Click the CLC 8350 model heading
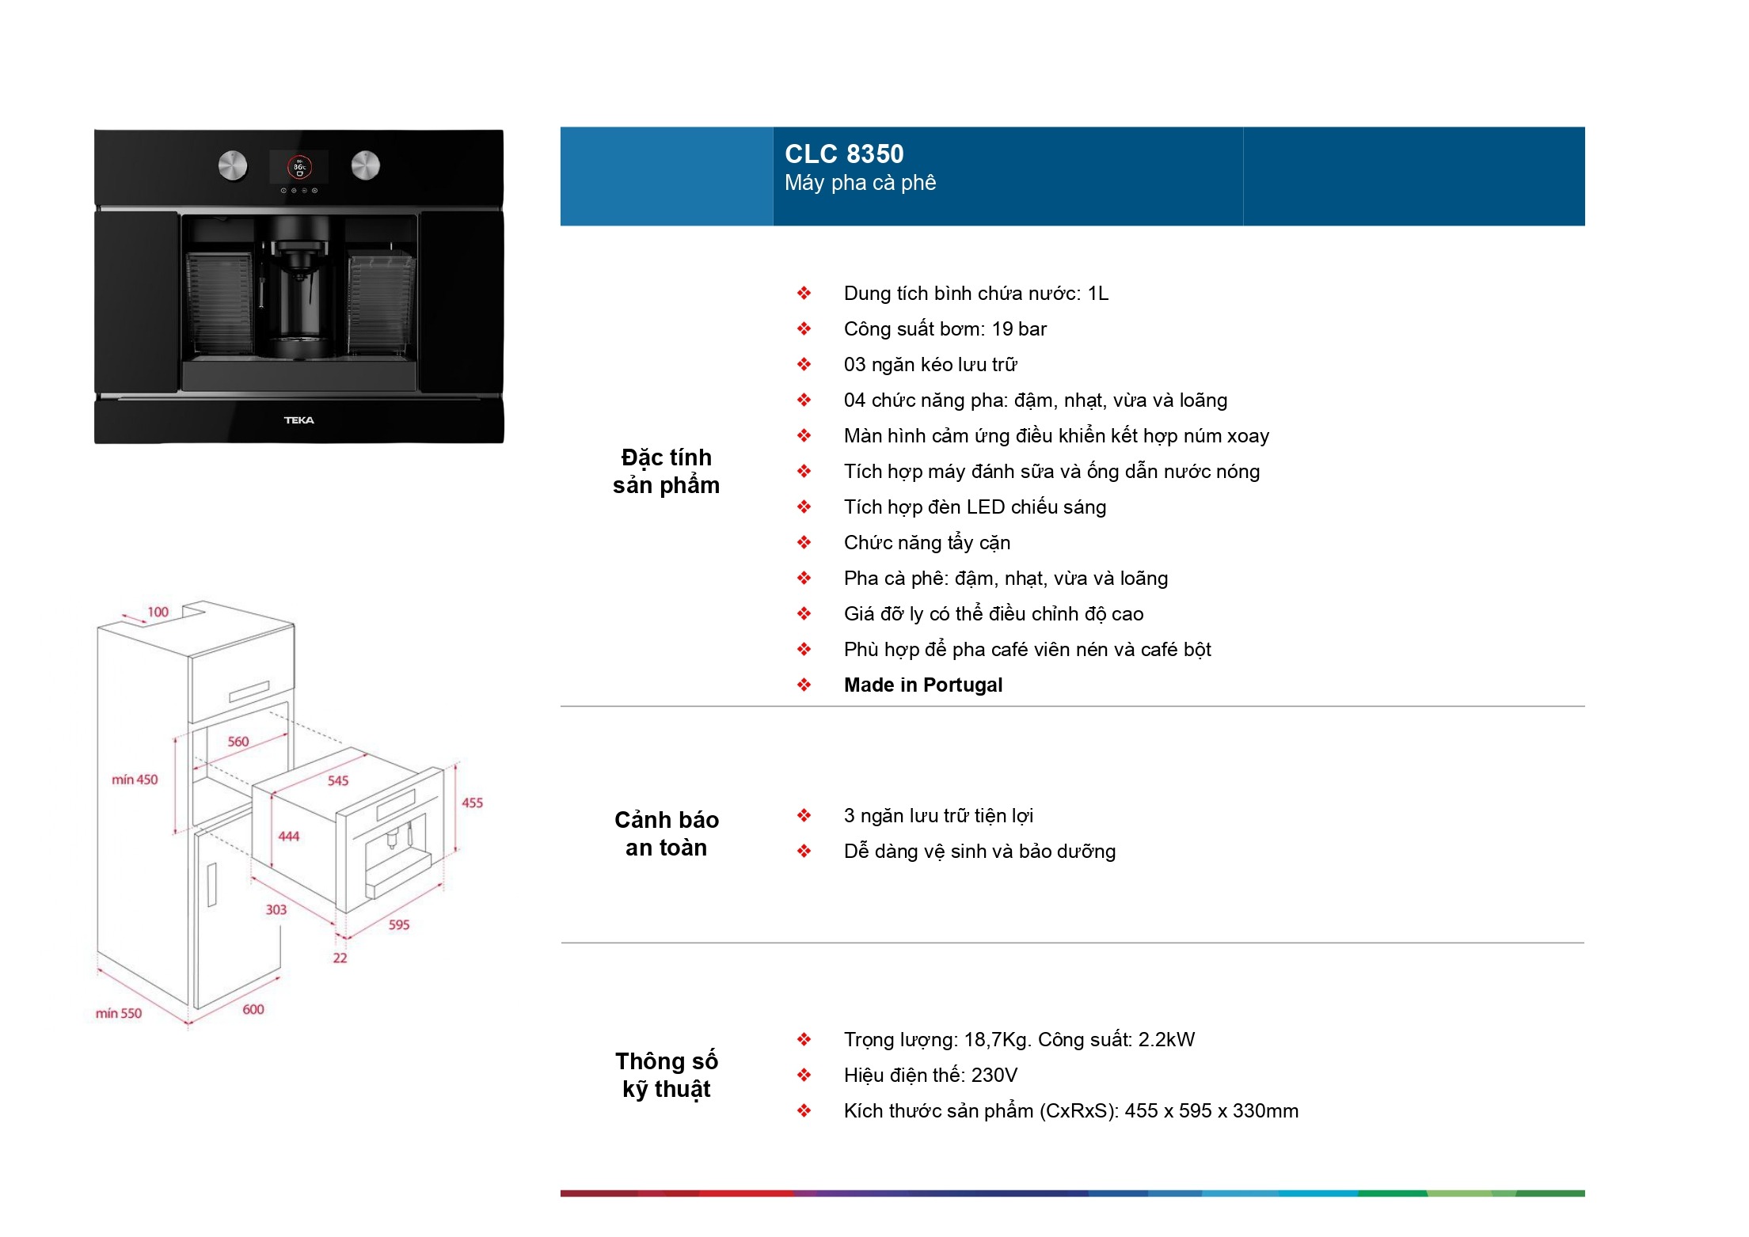pos(844,154)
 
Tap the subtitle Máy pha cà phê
pos(860,183)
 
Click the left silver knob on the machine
pos(233,165)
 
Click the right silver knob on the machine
pos(366,165)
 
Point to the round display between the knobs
pos(299,167)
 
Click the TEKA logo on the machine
pos(299,420)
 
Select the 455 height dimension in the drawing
pos(472,803)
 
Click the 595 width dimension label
pos(399,924)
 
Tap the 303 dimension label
pos(276,909)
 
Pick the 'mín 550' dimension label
pos(119,1013)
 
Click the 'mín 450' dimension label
pos(135,780)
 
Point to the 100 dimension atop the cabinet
pos(158,612)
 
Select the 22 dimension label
pos(340,958)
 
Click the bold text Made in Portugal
pos(923,685)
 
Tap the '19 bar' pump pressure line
pos(945,329)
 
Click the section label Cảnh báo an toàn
pos(667,833)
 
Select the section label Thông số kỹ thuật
pos(667,1075)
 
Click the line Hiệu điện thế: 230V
pos(930,1075)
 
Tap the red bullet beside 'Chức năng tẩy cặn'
pos(804,542)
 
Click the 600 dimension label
pos(253,1009)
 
